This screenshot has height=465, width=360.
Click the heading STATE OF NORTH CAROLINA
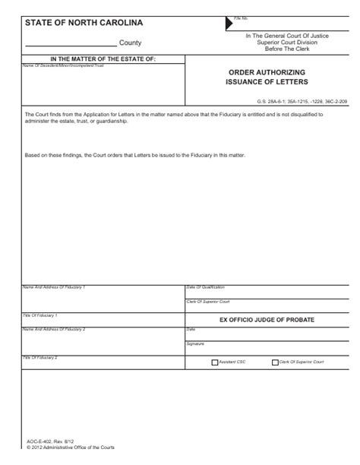84,23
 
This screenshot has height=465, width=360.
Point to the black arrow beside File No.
229,24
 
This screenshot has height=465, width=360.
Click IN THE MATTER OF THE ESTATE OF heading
102,59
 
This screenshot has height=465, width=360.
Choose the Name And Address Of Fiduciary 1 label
54,287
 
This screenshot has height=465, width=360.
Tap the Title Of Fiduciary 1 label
41,315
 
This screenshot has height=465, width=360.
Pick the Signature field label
195,343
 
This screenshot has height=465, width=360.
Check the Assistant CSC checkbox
215,362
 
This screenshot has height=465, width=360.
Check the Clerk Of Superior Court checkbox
274,362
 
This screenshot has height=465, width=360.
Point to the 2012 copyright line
71,448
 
